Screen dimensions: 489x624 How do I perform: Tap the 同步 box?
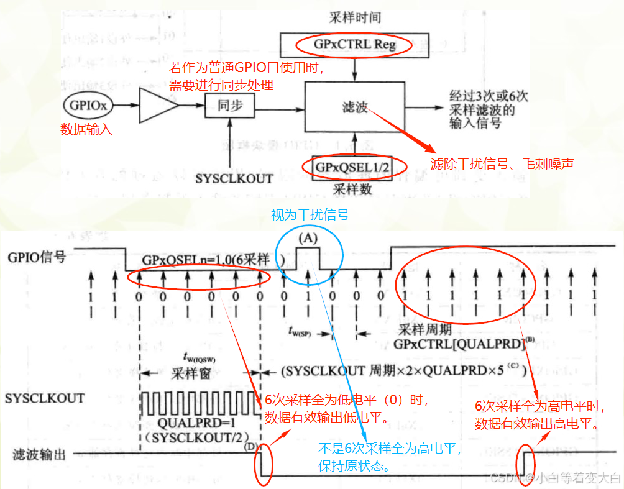(x=229, y=106)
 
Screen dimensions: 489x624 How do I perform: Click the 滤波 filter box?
(x=354, y=106)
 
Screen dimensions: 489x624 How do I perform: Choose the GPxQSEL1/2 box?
(x=354, y=167)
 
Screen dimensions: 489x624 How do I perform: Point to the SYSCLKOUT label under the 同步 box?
(x=234, y=178)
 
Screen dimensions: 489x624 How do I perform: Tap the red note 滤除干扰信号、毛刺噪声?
(x=502, y=164)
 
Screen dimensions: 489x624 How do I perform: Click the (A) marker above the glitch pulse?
(x=308, y=237)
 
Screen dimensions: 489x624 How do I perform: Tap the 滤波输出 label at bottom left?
(x=38, y=454)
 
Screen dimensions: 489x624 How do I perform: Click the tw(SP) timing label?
(x=303, y=331)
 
